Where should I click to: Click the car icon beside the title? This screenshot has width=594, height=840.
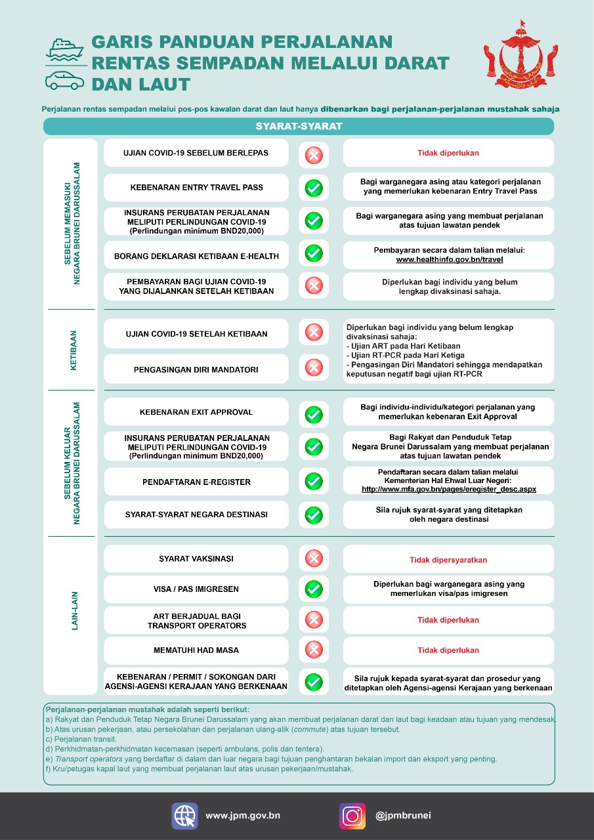[x=64, y=79]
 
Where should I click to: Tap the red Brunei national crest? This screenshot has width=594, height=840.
[x=522, y=60]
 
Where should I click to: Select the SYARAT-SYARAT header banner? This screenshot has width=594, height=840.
[x=299, y=126]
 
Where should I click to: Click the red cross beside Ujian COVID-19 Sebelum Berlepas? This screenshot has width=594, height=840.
[x=314, y=156]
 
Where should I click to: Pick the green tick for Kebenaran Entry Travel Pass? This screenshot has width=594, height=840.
[x=314, y=188]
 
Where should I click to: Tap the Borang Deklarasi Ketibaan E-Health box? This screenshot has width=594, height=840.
[x=196, y=256]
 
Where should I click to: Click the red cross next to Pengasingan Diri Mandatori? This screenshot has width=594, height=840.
[x=314, y=367]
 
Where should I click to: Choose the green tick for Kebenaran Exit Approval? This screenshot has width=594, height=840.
[x=314, y=415]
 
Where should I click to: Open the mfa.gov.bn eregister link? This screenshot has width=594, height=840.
[x=449, y=489]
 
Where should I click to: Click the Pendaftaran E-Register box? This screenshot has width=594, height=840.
[x=196, y=482]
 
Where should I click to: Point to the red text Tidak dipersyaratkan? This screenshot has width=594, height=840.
[x=448, y=560]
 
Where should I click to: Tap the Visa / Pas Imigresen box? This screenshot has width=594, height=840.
[x=196, y=589]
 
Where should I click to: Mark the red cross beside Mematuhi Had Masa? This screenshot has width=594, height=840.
[x=314, y=650]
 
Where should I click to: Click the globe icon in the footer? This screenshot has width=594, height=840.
[x=184, y=816]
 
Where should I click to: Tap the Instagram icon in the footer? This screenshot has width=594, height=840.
[x=352, y=816]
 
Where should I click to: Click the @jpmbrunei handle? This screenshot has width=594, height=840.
[x=403, y=816]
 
